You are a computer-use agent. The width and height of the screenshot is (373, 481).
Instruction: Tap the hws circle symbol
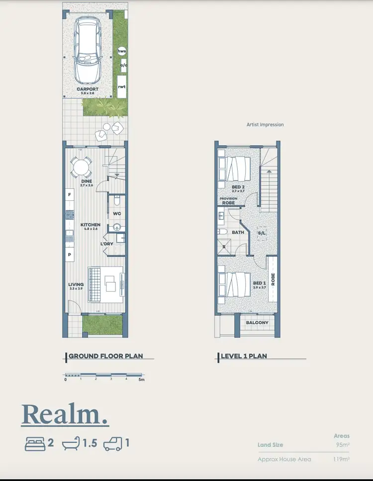point(122,51)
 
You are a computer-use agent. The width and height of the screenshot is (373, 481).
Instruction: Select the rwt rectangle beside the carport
point(122,86)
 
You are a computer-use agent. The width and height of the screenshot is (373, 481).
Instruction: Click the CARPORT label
point(87,89)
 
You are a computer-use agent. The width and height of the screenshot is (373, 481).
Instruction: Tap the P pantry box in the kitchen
point(69,254)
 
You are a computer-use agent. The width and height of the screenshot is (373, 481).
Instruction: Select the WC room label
point(117,214)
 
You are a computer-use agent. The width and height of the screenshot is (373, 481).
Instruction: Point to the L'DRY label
point(106,244)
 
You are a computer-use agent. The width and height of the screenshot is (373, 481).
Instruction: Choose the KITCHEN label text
point(91,225)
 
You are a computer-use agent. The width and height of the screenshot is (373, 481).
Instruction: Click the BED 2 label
point(238,187)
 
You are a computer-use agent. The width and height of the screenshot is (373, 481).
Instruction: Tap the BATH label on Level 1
point(238,232)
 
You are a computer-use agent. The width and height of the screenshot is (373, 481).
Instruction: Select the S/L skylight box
point(262,233)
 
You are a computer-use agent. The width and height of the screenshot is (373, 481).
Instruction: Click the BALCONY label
point(257,322)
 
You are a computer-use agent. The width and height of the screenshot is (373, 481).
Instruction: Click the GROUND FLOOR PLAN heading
point(105,356)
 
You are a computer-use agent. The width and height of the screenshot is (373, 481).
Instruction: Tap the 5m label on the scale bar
point(141,380)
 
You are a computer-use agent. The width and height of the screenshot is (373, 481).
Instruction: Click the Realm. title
point(65,415)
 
